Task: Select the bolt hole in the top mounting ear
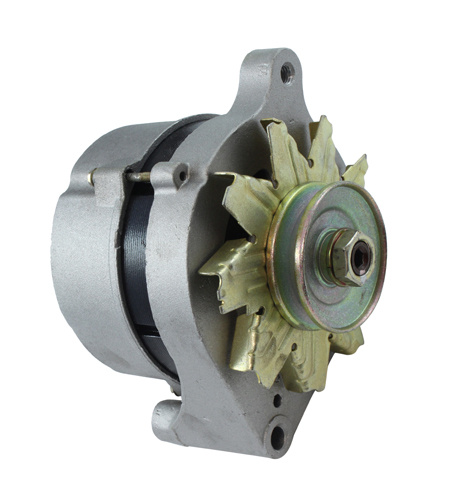pyautogui.click(x=287, y=72)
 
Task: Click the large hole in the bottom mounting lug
pyautogui.click(x=276, y=434)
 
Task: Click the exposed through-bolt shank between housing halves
pyautogui.click(x=137, y=177)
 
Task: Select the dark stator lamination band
pyautogui.click(x=138, y=260)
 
